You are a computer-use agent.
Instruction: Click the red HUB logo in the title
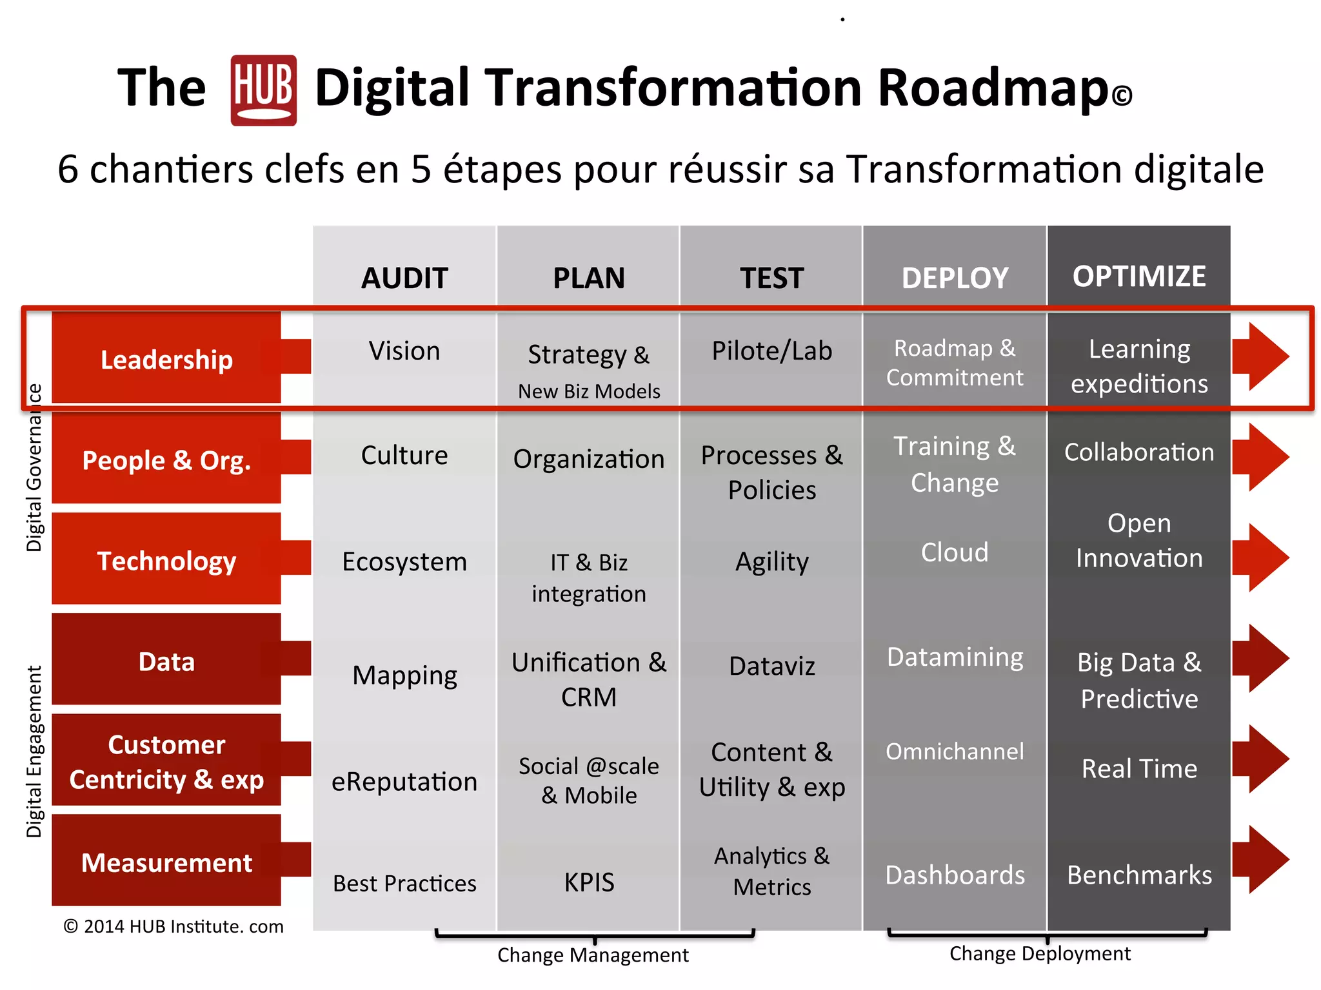263,90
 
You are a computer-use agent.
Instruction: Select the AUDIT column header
404,278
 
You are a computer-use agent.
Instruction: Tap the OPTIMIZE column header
1139,277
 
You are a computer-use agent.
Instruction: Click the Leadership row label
166,359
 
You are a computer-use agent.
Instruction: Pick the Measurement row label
166,862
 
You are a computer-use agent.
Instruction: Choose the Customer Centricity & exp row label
166,762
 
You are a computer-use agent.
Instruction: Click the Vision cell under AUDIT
404,351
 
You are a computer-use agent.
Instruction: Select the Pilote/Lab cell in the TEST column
771,351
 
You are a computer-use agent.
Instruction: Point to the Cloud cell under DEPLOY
955,552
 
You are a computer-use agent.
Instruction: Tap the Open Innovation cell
1139,541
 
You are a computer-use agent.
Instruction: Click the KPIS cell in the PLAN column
589,882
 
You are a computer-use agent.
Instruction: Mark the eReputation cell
404,782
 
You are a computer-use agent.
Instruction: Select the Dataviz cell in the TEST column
771,666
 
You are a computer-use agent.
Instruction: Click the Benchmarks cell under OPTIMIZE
1139,875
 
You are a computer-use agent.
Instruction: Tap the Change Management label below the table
593,955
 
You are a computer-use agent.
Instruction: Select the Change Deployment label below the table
1040,954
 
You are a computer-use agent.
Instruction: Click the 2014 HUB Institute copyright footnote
174,927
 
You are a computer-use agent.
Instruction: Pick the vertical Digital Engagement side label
34,752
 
